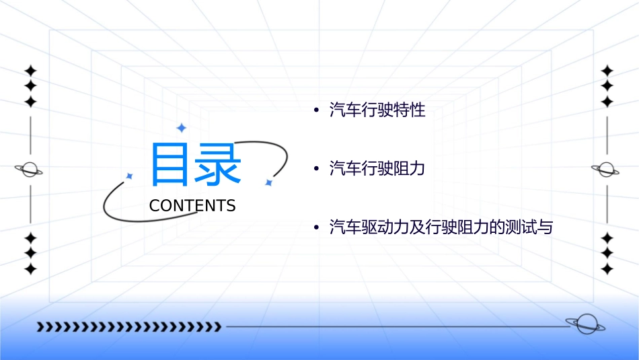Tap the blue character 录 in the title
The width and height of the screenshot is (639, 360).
[219, 164]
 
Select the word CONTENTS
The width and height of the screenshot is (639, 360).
[192, 206]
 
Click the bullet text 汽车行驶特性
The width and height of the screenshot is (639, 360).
[377, 110]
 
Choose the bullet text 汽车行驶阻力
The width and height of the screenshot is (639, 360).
[377, 169]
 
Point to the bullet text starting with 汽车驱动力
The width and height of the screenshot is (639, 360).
[441, 227]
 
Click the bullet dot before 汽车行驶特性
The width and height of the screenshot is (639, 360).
[316, 110]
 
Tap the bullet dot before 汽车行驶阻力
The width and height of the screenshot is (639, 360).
[316, 169]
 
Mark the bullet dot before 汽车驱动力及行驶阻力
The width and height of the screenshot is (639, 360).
[316, 228]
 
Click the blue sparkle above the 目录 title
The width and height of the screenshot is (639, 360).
[181, 127]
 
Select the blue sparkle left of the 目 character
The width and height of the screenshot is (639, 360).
[130, 176]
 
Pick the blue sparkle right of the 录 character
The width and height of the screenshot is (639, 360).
[268, 182]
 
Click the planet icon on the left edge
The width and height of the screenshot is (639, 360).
[29, 170]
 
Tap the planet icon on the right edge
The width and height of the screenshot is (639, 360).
[606, 170]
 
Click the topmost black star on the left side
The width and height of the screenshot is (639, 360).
[30, 71]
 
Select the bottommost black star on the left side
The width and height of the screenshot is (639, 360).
[30, 268]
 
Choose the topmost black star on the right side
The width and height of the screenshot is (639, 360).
[607, 71]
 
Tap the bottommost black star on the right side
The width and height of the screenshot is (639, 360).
[607, 268]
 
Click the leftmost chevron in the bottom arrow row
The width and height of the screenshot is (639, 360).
[40, 327]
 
